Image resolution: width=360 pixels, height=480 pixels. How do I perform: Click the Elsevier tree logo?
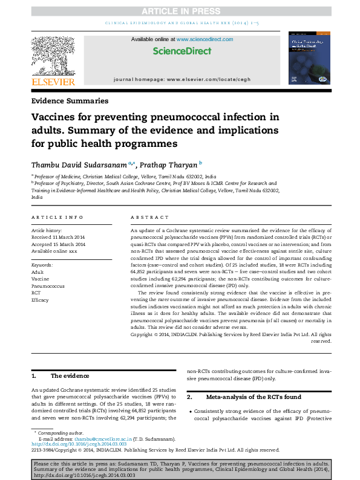click(x=53, y=56)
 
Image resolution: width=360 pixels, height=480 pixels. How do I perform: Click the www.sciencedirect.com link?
click(x=205, y=39)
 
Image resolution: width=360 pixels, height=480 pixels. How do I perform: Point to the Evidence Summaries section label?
click(x=70, y=101)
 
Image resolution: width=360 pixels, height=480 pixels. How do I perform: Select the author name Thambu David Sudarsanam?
click(x=83, y=164)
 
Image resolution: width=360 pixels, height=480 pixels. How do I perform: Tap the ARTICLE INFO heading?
click(x=57, y=217)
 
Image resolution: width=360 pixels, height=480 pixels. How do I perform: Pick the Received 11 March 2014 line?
click(x=58, y=238)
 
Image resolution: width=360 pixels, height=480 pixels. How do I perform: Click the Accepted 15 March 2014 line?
click(x=58, y=244)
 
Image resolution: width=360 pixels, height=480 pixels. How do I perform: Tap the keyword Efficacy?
click(x=40, y=299)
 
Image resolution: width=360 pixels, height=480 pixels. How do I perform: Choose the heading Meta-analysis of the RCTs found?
click(x=252, y=397)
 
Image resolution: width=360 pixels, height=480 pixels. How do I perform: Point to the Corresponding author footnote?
click(x=61, y=433)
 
